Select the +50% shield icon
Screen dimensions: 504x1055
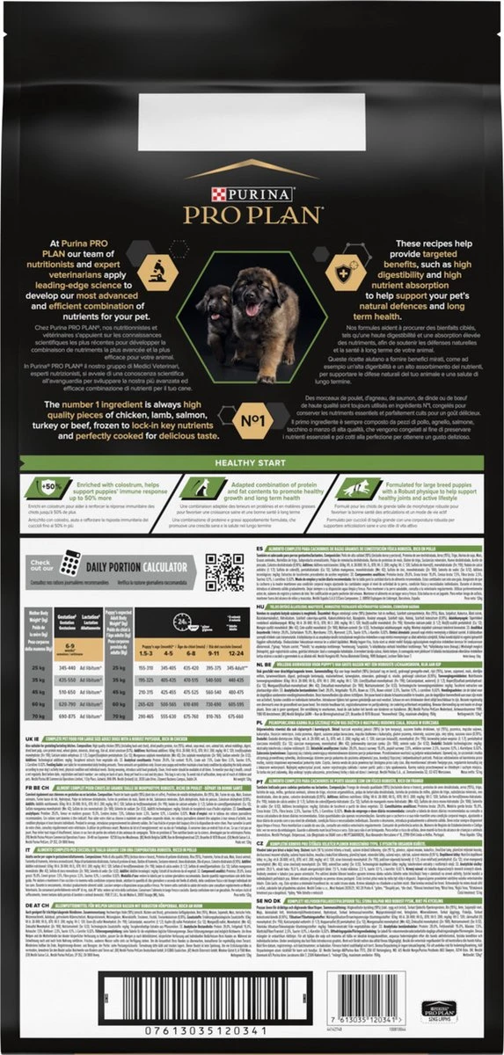50,484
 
